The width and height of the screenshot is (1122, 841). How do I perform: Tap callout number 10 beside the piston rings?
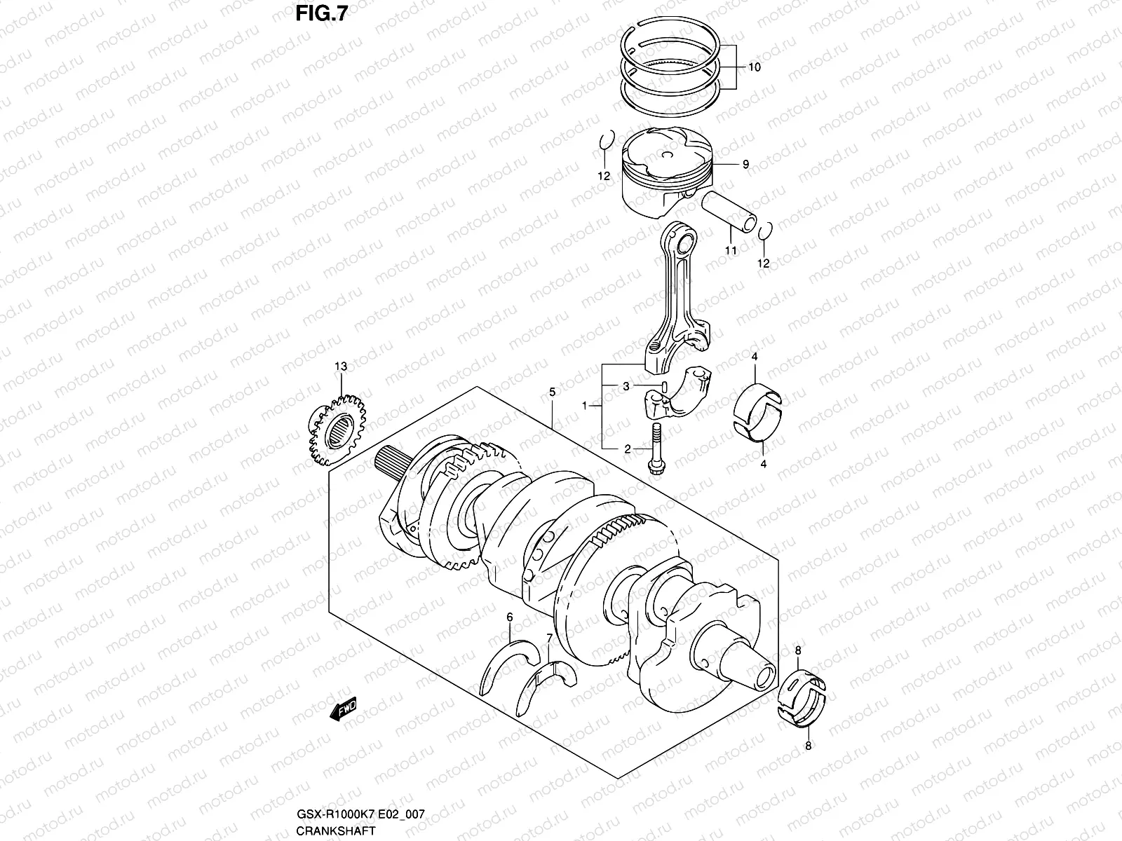click(754, 68)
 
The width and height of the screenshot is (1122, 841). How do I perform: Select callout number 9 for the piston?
click(745, 164)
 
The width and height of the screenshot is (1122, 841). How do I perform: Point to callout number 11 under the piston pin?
click(731, 250)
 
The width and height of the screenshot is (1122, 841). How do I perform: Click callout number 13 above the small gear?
click(341, 367)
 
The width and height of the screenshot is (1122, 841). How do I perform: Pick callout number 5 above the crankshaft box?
click(552, 392)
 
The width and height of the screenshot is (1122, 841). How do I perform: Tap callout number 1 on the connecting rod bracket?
click(584, 406)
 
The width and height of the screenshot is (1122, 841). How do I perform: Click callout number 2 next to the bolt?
click(628, 449)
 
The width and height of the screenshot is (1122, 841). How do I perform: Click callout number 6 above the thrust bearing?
click(510, 617)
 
